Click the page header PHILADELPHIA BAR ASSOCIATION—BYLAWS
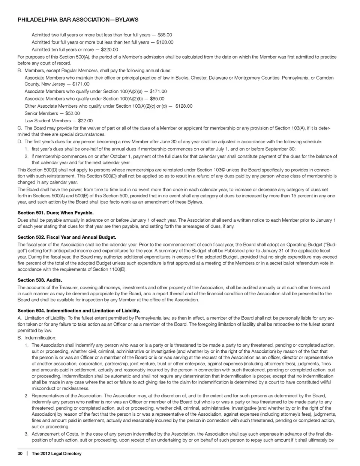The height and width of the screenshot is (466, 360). pos(78,20)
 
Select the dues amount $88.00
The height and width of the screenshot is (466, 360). pos(165,35)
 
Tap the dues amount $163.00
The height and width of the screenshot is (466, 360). pos(165,42)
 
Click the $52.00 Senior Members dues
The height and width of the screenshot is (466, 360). pos(72,113)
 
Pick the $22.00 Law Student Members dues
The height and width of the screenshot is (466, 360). pos(85,121)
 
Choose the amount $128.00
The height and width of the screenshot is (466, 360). pos(184,106)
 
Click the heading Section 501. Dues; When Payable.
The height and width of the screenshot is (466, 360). pos(55,213)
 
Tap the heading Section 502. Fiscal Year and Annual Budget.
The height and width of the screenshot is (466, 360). pos(67,237)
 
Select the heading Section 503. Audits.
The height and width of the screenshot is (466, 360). pos(40,280)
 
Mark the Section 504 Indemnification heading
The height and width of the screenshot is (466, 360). pos(79,311)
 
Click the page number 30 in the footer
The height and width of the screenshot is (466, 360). pos(20,454)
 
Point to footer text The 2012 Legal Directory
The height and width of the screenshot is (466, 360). pos(57,454)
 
